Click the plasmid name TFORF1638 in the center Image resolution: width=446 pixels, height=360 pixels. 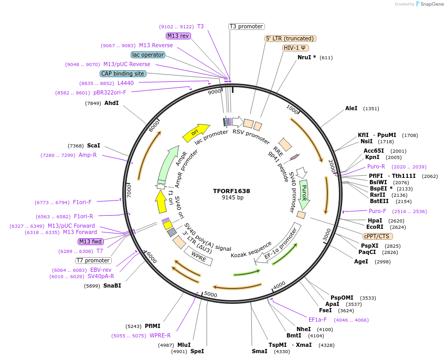[232, 191]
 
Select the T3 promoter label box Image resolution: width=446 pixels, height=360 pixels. [247, 26]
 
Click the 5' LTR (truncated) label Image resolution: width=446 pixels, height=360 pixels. [290, 38]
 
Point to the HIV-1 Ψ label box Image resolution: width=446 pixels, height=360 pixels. [295, 48]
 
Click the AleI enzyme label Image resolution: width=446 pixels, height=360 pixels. [351, 109]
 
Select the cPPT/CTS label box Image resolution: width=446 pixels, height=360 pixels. [376, 236]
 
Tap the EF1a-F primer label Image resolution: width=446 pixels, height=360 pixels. [317, 320]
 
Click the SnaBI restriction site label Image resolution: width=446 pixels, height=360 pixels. [112, 285]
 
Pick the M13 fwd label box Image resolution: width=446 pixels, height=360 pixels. [90, 241]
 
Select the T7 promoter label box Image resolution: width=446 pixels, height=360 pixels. [93, 260]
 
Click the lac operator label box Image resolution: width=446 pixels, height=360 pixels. [148, 55]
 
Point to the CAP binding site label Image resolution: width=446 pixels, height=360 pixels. [123, 73]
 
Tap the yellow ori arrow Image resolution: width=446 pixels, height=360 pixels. [195, 133]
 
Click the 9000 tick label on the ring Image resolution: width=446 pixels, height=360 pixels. [214, 92]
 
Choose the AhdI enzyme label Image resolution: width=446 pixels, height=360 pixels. [112, 103]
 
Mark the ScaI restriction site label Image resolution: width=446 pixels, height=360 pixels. [93, 145]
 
